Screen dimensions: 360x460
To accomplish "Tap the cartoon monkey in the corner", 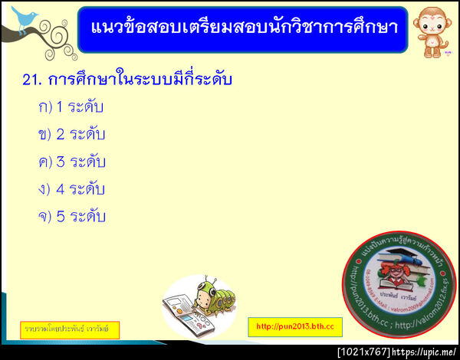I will tap(431, 28).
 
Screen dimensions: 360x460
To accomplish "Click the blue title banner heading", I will tap(242, 28).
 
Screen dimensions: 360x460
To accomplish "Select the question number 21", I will tap(32, 80).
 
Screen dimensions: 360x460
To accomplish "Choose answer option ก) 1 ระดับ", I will tap(71, 107).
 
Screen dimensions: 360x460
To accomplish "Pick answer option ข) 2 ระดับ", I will tap(71, 135).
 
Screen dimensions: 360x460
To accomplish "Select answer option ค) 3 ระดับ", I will tap(71, 162).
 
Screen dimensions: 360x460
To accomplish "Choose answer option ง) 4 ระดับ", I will tap(71, 189).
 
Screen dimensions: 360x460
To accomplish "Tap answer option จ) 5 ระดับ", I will tap(71, 217).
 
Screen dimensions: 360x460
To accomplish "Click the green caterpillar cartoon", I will tap(209, 301).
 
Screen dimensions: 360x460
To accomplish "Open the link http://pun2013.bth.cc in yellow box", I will tap(295, 326).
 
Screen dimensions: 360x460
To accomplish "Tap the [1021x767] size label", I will tap(363, 352).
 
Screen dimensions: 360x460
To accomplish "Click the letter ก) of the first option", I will tap(44, 107).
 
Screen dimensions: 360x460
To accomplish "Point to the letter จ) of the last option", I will tap(44, 217).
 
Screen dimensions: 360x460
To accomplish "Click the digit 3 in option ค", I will tap(61, 162).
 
